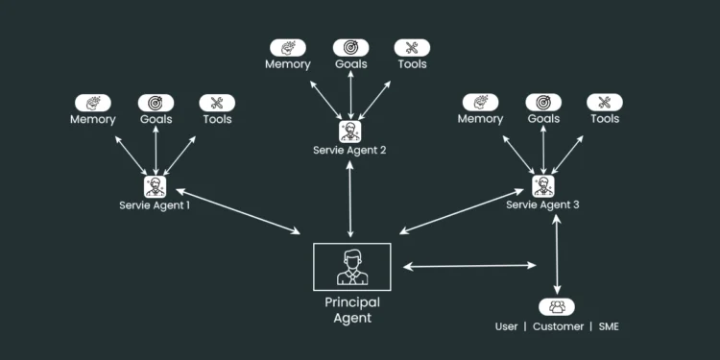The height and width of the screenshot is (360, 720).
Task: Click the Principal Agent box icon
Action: [351, 267]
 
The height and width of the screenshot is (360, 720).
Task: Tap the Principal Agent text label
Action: [351, 309]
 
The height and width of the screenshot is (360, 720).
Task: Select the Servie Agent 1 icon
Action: [155, 186]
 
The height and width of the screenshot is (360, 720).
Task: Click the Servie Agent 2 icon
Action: [350, 131]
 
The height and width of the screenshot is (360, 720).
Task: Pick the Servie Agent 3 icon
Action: [543, 186]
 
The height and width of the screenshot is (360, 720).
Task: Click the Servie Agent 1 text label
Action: [155, 204]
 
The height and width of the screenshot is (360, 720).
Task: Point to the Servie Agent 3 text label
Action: [543, 204]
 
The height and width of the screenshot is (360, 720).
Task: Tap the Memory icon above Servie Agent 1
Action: [93, 102]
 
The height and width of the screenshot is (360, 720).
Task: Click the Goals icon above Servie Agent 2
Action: [350, 47]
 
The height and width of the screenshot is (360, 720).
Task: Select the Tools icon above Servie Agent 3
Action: [604, 102]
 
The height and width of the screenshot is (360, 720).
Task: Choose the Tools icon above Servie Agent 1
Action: [216, 102]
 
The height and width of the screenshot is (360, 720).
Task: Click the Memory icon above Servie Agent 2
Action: [288, 47]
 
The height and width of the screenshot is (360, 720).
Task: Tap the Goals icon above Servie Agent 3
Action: [543, 102]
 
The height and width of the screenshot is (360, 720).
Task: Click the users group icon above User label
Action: [557, 307]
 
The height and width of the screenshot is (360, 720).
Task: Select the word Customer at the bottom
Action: [558, 326]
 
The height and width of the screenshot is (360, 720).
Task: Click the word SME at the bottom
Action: [608, 326]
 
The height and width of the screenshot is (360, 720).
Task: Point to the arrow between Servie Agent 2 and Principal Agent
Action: [350, 199]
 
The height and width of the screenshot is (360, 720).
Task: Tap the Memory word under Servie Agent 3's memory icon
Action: [480, 119]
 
